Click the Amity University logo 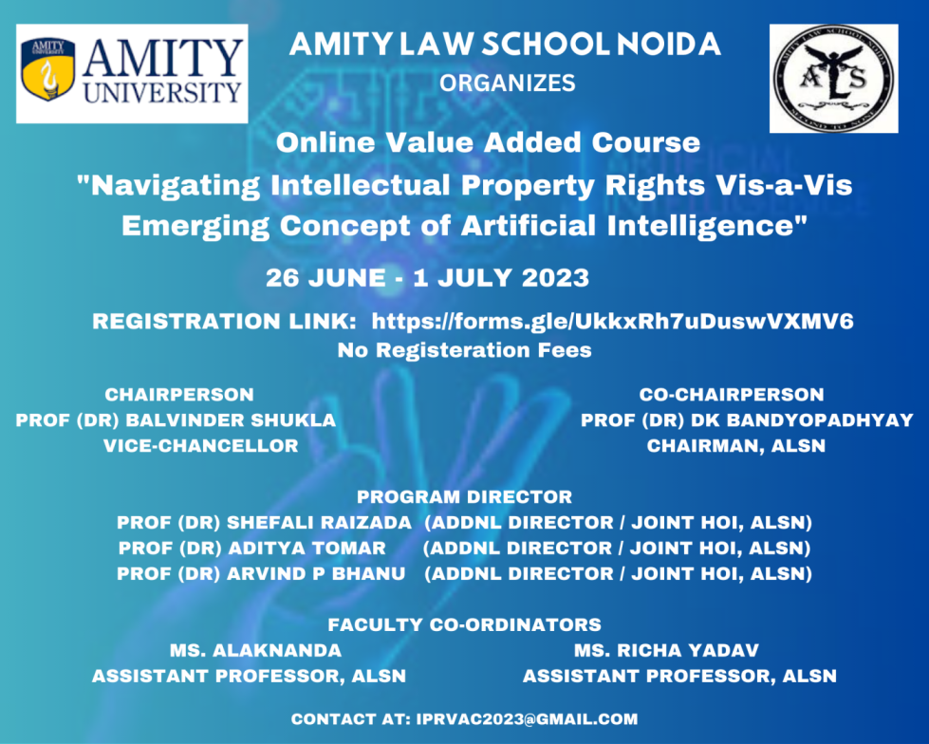(x=132, y=74)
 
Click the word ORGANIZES (x=508, y=84)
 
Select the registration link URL (x=612, y=322)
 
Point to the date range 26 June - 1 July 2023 (x=428, y=278)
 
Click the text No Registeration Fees (x=465, y=350)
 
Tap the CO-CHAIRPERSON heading (x=731, y=395)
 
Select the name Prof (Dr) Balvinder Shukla (x=176, y=420)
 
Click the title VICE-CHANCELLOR (x=200, y=445)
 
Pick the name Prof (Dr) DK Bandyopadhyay (x=747, y=420)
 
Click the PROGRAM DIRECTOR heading (x=464, y=496)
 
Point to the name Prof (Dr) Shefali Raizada (x=264, y=523)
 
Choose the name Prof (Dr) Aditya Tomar (x=252, y=549)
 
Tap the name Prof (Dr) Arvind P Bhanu (x=261, y=574)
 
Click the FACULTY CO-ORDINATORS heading (x=464, y=624)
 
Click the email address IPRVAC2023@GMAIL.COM (x=527, y=719)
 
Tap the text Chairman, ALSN (x=736, y=445)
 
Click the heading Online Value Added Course (x=488, y=143)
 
